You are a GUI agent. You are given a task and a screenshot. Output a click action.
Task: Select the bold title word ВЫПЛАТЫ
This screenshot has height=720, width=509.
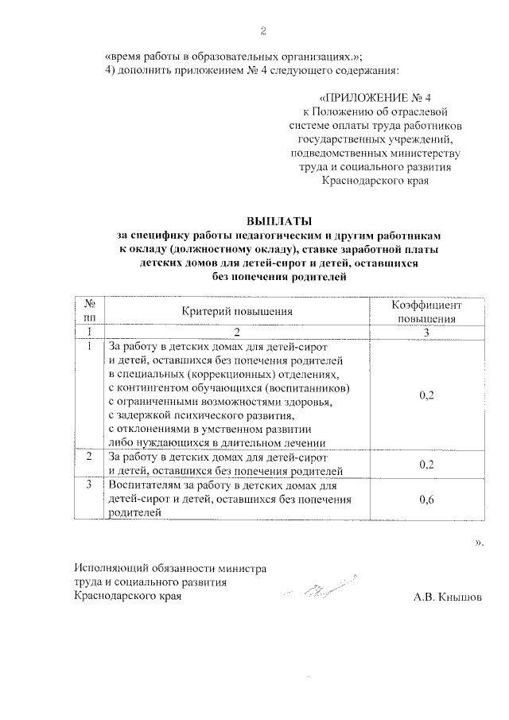279,221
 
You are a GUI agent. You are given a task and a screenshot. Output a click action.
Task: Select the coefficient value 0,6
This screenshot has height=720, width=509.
426,499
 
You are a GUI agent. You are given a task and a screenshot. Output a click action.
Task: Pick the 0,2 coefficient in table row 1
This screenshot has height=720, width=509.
426,395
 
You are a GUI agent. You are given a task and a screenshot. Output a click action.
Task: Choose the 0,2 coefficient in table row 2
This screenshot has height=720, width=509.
426,465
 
